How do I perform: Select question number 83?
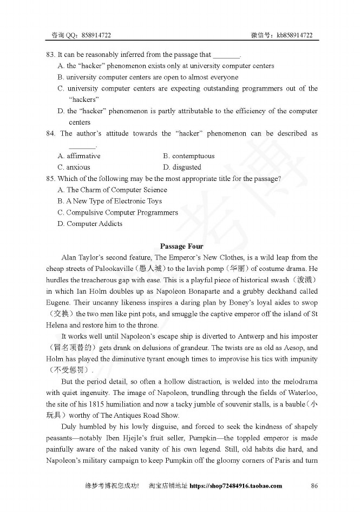50,55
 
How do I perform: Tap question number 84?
50,133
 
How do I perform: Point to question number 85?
50,178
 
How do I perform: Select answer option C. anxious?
74,167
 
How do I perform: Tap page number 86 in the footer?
314,485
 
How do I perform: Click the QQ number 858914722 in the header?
97,35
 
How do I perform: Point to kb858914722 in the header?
294,35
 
